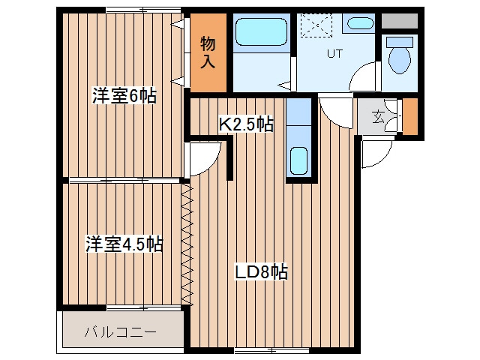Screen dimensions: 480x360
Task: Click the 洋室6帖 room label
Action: [124, 96]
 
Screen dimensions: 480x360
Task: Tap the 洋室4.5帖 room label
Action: [124, 244]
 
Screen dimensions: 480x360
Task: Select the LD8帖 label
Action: [261, 271]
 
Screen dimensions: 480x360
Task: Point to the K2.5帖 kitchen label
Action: [246, 124]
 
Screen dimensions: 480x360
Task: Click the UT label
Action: [334, 54]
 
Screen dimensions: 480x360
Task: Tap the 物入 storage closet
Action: [208, 52]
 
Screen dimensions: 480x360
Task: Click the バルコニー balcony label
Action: [121, 331]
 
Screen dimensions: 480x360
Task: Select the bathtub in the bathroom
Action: [262, 31]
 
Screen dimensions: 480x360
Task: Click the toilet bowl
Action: [400, 60]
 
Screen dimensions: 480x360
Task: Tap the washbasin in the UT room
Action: [361, 23]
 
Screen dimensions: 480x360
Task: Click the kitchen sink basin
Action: [298, 161]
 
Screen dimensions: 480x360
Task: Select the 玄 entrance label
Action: [378, 116]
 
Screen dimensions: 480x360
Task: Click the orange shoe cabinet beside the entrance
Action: [410, 116]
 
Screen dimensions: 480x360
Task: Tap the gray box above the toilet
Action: [400, 21]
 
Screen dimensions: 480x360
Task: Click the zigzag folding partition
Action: [187, 244]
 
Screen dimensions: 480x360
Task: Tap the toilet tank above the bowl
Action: [400, 42]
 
